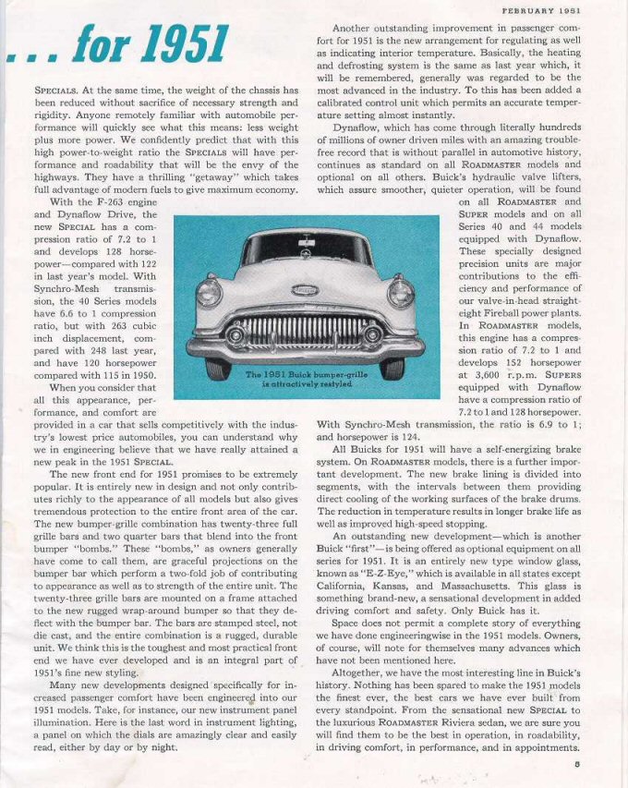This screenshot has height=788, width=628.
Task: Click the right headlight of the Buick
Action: [x=400, y=294]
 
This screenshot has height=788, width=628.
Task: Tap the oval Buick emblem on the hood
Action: [x=305, y=289]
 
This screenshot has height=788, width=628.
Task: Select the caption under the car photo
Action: [x=305, y=380]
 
